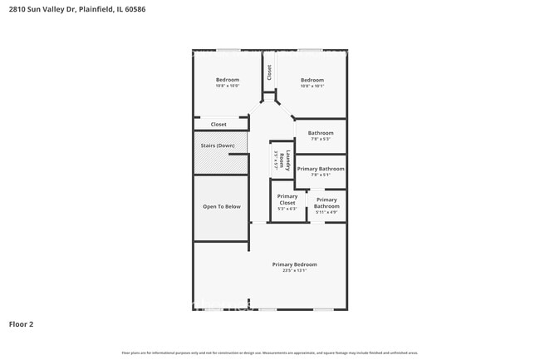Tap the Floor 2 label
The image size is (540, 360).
[22, 324]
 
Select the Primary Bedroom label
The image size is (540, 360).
[294, 264]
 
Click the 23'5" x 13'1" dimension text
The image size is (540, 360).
[294, 270]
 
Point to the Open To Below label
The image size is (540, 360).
[222, 206]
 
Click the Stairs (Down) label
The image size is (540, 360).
[218, 145]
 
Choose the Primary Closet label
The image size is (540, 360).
[287, 200]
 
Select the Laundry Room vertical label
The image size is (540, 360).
[283, 159]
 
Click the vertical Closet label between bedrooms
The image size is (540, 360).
[269, 72]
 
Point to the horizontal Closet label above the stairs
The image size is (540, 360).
[218, 125]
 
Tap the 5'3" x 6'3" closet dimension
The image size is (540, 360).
[287, 209]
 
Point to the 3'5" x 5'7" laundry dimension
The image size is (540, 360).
[275, 159]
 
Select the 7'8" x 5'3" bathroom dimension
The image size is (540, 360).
[321, 139]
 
